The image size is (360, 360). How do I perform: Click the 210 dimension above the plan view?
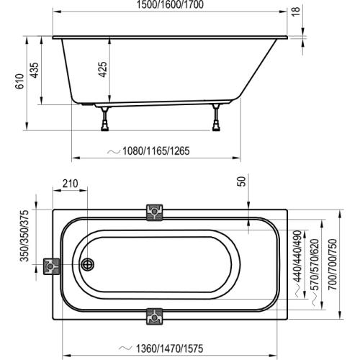coord(69,184)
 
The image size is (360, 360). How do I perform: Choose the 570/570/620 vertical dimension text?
coord(313,266)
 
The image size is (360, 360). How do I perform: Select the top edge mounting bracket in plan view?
coord(154,212)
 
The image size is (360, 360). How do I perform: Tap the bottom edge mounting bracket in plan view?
coord(154,315)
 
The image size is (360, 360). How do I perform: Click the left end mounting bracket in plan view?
coord(52,266)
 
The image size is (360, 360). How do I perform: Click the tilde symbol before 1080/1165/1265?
coord(112,152)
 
